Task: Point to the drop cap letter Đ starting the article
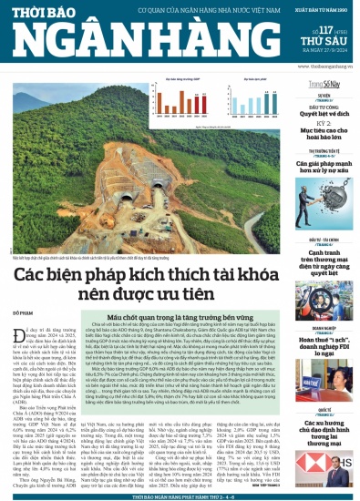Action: tap(19, 326)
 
